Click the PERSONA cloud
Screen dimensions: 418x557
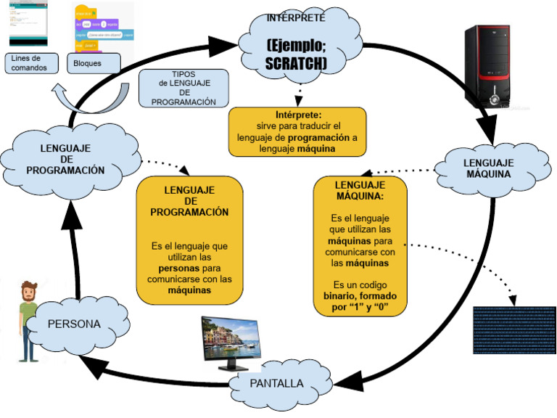(74, 324)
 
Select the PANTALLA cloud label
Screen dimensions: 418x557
(276, 383)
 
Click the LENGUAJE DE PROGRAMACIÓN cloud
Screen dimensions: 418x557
(65, 160)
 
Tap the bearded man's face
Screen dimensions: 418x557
(29, 293)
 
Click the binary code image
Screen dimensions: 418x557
(513, 329)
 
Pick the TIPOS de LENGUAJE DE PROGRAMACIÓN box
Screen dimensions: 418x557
(183, 89)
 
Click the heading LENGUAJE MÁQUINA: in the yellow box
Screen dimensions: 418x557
(360, 190)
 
